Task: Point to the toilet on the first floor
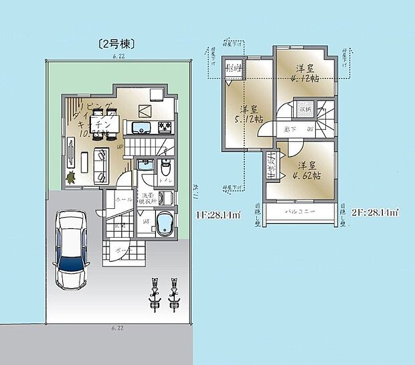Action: click(165, 165)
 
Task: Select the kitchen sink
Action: click(143, 127)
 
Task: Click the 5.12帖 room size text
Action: click(249, 117)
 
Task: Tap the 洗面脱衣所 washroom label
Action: click(147, 198)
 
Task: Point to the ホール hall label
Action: click(123, 199)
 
